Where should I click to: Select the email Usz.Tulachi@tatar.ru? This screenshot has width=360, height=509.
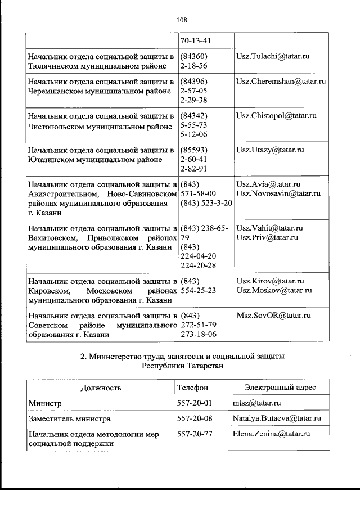click(x=273, y=57)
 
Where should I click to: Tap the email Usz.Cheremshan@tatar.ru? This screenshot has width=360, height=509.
click(x=281, y=82)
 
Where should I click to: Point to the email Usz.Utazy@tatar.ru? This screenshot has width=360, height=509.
click(x=271, y=150)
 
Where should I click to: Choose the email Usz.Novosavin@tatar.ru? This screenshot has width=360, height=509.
click(x=278, y=193)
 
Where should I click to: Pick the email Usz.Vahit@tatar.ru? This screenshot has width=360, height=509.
click(x=270, y=228)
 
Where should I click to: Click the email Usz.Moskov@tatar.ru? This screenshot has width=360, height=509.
click(x=274, y=290)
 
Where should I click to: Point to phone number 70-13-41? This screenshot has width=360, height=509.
click(x=194, y=40)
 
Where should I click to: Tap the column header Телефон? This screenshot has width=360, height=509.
click(x=192, y=388)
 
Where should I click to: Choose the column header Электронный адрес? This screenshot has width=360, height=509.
click(x=281, y=388)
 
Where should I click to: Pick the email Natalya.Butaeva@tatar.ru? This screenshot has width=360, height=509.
click(x=277, y=419)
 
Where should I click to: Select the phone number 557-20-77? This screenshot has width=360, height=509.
click(x=192, y=434)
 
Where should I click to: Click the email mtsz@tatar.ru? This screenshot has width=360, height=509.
click(x=257, y=404)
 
